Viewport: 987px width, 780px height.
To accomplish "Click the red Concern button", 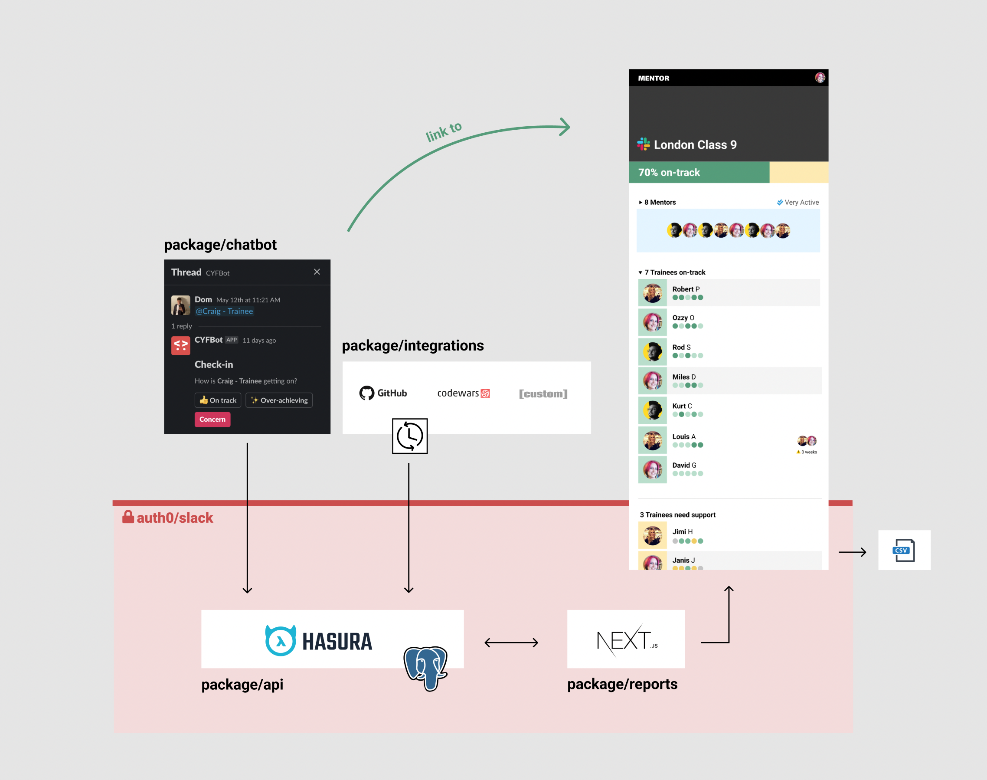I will (212, 419).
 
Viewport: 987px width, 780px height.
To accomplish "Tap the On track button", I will (218, 400).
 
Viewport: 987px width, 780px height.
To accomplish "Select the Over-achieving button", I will (279, 400).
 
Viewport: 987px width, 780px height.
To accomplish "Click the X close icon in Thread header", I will (317, 272).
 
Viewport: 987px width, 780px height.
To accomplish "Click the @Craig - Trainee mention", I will (224, 311).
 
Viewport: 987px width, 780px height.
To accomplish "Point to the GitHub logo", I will (382, 393).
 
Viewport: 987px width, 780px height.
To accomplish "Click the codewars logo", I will (463, 393).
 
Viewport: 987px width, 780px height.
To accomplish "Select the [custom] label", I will (543, 393).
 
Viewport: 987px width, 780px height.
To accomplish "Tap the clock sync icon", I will (409, 436).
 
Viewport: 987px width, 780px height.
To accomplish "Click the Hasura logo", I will (319, 641).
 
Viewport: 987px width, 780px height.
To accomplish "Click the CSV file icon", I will (903, 550).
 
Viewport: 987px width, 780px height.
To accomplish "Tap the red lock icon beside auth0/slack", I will (128, 517).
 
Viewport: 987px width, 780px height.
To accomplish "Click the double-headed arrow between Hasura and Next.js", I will (511, 642).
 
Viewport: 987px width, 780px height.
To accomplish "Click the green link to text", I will (444, 131).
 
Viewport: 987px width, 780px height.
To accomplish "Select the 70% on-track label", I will (669, 173).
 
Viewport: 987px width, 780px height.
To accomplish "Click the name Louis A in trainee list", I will (683, 436).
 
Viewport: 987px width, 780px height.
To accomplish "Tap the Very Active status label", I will (801, 202).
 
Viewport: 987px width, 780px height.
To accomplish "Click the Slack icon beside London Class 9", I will (643, 144).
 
